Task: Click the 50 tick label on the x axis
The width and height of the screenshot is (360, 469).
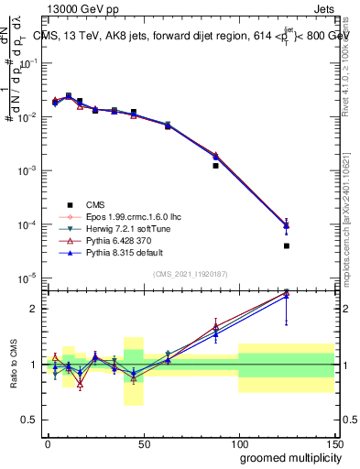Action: tap(143, 443)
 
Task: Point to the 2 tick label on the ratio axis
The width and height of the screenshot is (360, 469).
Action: tap(36, 309)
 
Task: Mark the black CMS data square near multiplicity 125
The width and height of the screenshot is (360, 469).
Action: tap(286, 245)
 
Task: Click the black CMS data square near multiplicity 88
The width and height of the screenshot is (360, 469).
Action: tap(215, 166)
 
